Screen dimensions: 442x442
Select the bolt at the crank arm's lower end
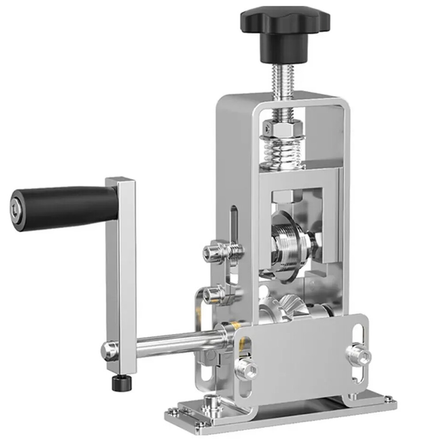(x=109, y=349)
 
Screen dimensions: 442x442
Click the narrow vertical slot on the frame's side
(x=233, y=225)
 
